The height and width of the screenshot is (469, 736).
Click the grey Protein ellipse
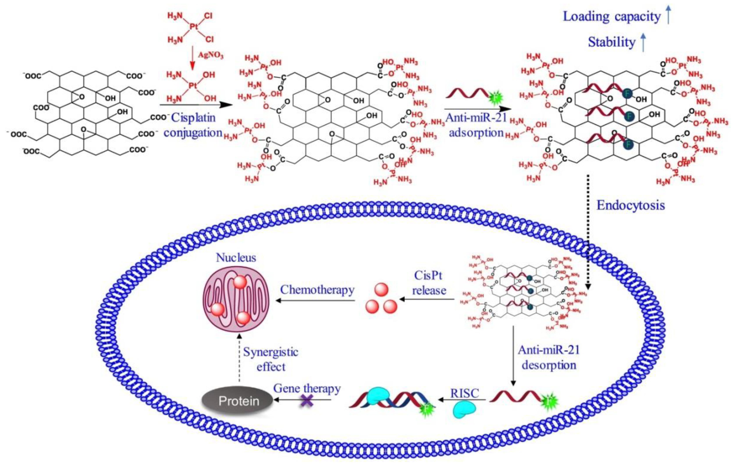pyautogui.click(x=238, y=401)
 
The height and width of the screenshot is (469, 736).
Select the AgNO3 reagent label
pyautogui.click(x=211, y=55)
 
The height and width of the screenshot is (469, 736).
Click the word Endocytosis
pyautogui.click(x=631, y=205)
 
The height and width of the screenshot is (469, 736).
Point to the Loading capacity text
pyautogui.click(x=612, y=16)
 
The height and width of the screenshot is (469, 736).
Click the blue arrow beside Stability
pyautogui.click(x=643, y=43)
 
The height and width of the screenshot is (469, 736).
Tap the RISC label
pyautogui.click(x=464, y=394)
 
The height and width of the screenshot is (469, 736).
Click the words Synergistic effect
pyautogui.click(x=270, y=360)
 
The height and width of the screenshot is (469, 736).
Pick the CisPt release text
pyautogui.click(x=429, y=283)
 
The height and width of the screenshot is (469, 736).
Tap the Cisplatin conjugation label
pyautogui.click(x=193, y=125)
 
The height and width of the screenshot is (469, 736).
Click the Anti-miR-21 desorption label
pyautogui.click(x=549, y=357)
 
